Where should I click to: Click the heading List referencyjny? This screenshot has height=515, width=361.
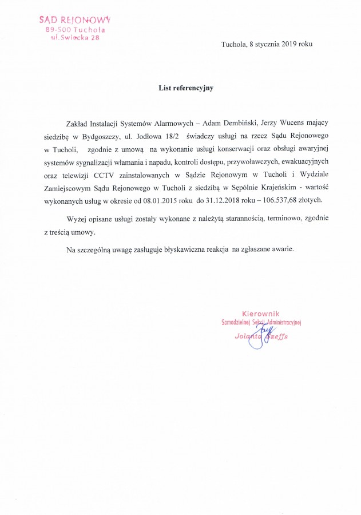point(180,88)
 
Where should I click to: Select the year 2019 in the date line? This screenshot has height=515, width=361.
point(288,44)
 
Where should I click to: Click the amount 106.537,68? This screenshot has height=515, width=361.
point(275,199)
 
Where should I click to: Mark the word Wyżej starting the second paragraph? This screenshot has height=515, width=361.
point(77,219)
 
